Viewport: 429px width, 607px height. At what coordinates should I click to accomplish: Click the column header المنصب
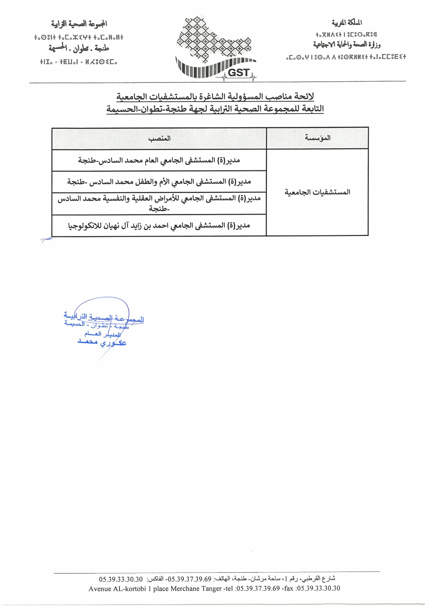click(159, 138)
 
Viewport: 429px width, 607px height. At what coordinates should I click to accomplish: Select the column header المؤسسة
click(317, 138)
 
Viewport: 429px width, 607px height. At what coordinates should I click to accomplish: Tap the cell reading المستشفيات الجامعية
click(317, 192)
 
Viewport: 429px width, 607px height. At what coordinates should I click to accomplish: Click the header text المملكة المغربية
click(347, 23)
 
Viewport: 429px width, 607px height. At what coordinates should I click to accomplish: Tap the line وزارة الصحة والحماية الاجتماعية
click(347, 45)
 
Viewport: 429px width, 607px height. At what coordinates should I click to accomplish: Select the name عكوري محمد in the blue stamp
click(102, 342)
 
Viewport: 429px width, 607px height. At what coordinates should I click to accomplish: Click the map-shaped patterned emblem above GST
click(214, 40)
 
